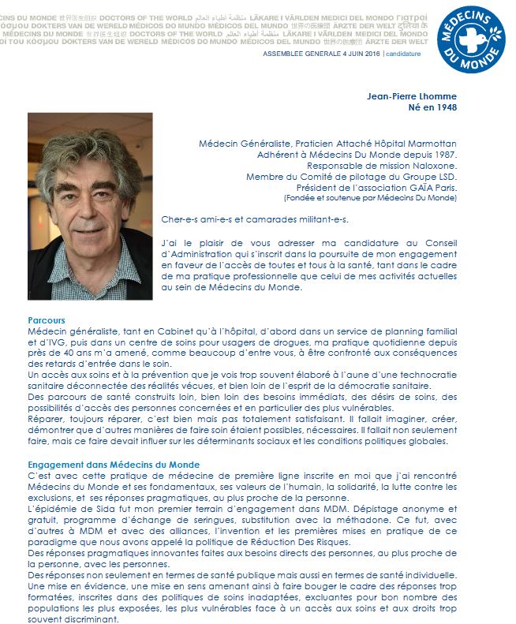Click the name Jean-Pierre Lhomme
click(412, 96)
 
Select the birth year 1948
click(444, 107)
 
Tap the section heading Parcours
click(46, 321)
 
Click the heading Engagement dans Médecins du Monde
click(113, 465)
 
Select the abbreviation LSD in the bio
click(447, 177)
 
